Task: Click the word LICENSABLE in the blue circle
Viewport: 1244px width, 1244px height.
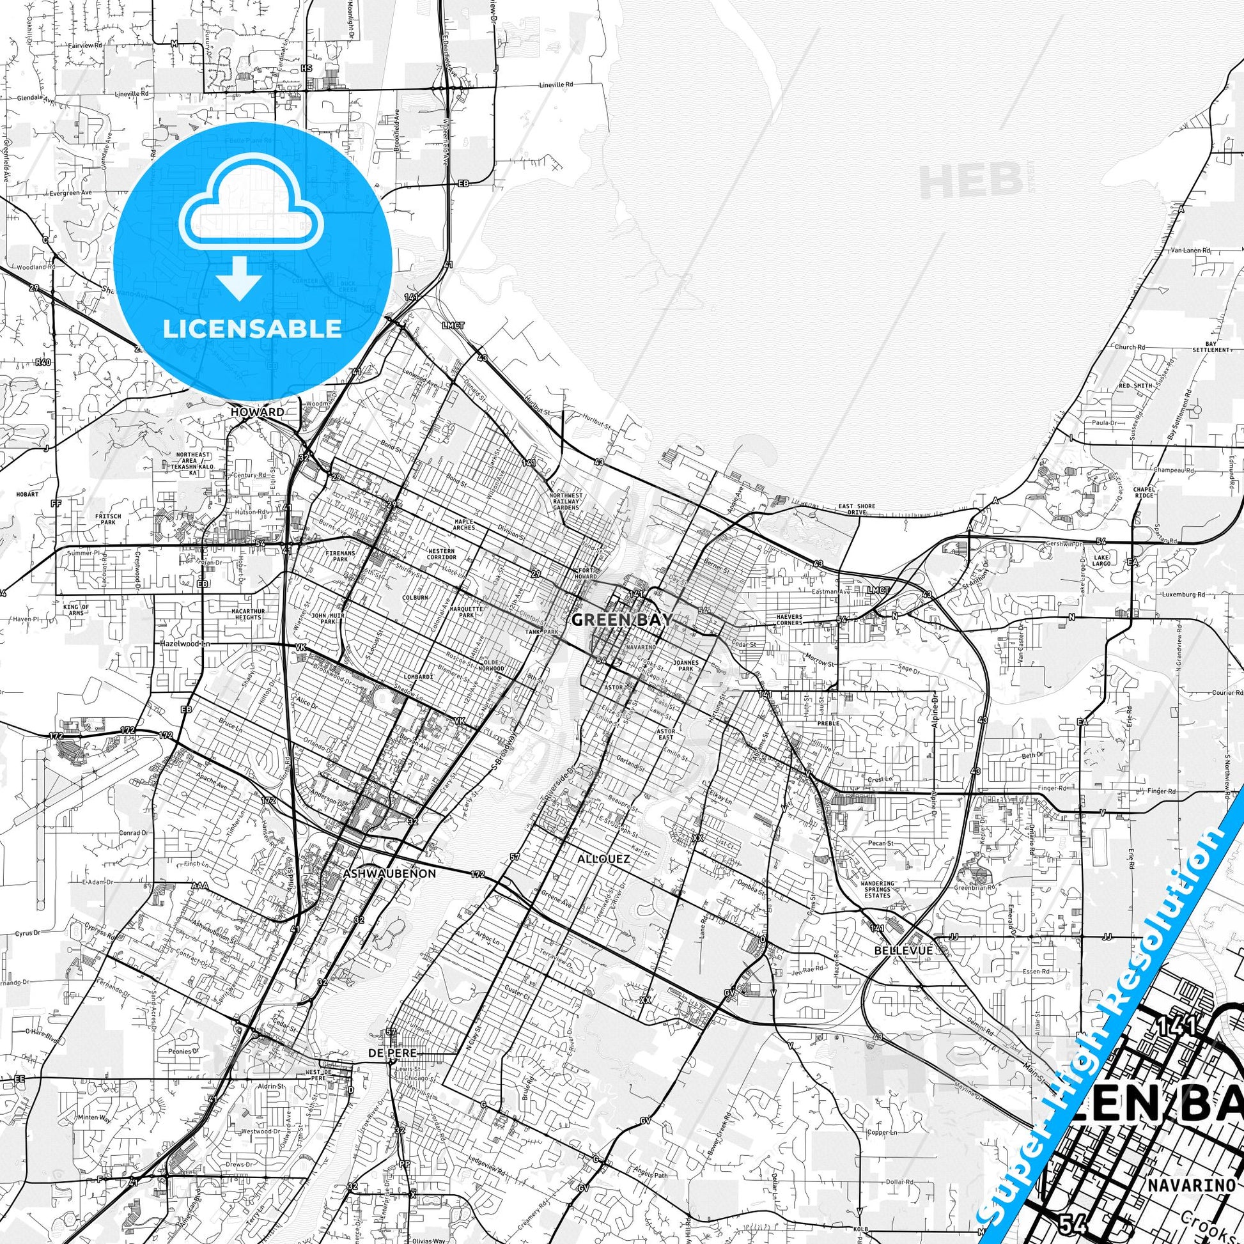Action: pos(253,329)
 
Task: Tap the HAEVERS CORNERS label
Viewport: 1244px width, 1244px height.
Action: pos(789,619)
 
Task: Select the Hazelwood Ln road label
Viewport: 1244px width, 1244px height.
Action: pos(186,643)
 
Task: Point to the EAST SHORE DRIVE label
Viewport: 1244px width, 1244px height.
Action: pos(857,509)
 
